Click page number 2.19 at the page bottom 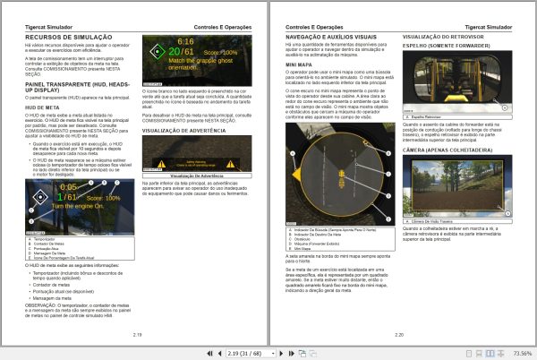[137, 333]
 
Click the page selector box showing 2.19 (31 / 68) [259, 353]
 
